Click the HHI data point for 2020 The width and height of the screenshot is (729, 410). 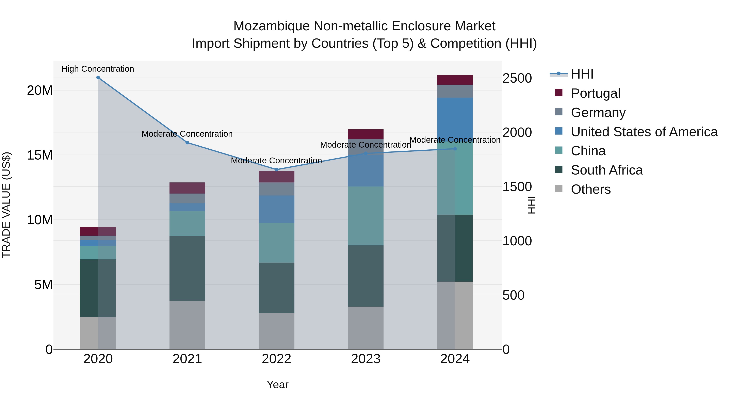click(98, 78)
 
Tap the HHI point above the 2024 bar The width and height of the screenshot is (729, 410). click(455, 149)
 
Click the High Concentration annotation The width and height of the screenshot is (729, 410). click(98, 69)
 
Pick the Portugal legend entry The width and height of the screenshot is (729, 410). click(595, 93)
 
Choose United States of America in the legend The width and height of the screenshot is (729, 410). click(644, 132)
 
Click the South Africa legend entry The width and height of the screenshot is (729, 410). click(606, 170)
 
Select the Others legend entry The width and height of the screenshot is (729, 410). click(591, 189)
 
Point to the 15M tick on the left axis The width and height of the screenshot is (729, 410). click(40, 155)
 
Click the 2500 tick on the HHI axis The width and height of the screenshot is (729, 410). click(517, 78)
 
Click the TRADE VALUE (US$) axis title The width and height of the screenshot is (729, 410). click(6, 205)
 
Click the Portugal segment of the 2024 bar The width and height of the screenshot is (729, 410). click(455, 80)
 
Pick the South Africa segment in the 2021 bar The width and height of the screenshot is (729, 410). click(187, 268)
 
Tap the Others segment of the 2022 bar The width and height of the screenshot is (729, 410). click(276, 331)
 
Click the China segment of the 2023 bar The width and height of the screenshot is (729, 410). click(366, 216)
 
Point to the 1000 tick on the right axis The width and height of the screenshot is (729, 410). click(517, 241)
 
